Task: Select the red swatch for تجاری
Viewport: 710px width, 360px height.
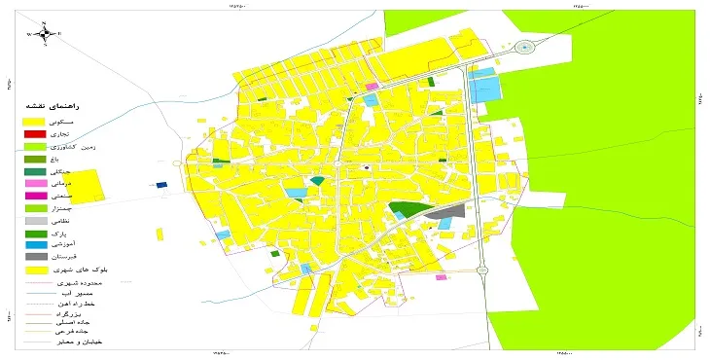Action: click(35, 133)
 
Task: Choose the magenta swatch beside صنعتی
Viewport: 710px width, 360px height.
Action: click(35, 196)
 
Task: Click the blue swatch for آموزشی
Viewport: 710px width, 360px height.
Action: click(35, 244)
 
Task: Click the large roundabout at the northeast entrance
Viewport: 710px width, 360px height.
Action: click(526, 47)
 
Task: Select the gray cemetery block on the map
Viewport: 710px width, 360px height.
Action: click(446, 212)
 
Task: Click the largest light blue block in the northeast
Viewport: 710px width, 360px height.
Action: click(485, 89)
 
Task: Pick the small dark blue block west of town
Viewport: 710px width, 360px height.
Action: click(161, 185)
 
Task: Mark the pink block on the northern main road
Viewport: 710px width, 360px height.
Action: click(372, 87)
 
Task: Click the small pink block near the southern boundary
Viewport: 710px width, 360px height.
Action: click(441, 277)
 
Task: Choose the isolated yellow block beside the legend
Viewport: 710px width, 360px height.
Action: click(88, 185)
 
